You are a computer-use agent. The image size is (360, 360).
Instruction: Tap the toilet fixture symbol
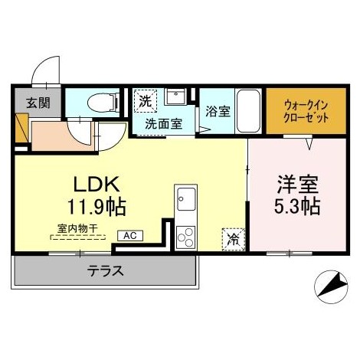[99, 102]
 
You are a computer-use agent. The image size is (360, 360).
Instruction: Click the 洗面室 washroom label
[164, 123]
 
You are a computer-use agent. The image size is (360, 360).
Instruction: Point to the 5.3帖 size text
[296, 207]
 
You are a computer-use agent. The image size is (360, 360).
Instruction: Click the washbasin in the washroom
[175, 97]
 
